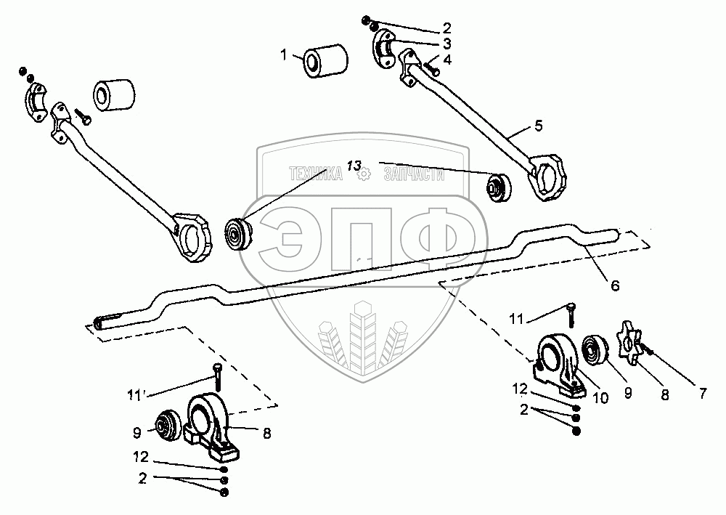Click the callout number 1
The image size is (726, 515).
tap(283, 55)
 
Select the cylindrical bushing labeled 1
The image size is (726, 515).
tap(326, 61)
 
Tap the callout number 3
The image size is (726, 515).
tap(446, 44)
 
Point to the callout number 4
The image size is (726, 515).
tap(446, 60)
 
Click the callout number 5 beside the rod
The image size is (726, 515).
tap(538, 126)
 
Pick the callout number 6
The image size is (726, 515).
tap(615, 285)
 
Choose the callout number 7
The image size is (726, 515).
tap(703, 394)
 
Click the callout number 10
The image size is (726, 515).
tap(600, 397)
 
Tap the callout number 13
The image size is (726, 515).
tap(354, 166)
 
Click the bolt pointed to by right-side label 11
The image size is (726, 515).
tap(571, 315)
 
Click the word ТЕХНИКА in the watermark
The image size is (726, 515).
tap(317, 174)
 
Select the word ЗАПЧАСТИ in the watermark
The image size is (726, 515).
tap(414, 174)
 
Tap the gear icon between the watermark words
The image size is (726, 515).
tap(364, 174)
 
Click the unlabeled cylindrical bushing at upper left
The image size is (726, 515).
tap(114, 95)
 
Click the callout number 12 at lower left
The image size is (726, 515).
tap(141, 457)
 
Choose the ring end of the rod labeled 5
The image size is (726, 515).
tap(547, 177)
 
